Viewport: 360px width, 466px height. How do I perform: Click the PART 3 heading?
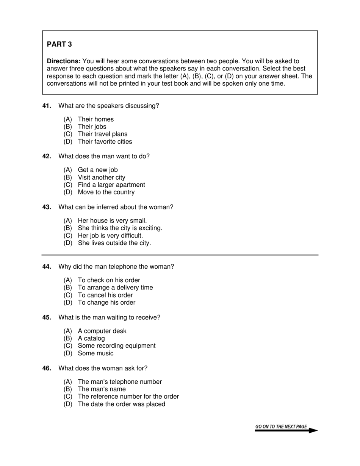59,44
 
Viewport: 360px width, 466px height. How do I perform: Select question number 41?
47,106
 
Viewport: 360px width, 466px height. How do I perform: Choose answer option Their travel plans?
102,134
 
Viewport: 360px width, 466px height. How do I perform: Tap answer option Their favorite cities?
105,142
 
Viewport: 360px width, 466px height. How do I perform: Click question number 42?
47,156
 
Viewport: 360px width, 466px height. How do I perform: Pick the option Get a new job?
97,170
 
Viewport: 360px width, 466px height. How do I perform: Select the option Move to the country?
106,192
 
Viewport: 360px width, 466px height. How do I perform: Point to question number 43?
47,207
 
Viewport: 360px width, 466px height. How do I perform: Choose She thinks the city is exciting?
120,228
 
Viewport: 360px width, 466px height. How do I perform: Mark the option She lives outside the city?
114,243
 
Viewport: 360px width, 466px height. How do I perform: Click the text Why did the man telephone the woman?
116,267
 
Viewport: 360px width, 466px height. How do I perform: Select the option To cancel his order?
105,295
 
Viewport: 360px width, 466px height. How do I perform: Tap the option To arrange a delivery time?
115,288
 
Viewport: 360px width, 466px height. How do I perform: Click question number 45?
47,317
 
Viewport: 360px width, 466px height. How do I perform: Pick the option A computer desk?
102,331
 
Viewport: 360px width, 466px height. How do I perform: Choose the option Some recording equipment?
116,346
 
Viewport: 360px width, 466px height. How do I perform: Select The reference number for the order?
128,397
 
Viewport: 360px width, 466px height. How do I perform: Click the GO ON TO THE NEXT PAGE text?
281,427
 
